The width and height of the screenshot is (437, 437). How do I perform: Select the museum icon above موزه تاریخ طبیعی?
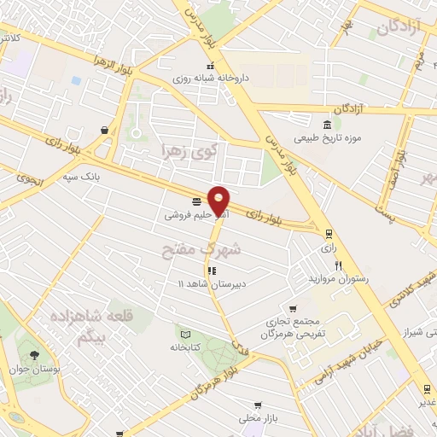pyautogui.click(x=329, y=122)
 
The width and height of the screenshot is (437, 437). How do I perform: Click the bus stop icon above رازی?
pyautogui.click(x=328, y=231)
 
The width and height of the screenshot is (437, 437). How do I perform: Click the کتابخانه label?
pyautogui.click(x=184, y=347)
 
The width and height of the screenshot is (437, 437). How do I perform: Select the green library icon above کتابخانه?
pyautogui.click(x=184, y=332)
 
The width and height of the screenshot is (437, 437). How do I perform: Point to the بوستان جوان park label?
pyautogui.click(x=35, y=368)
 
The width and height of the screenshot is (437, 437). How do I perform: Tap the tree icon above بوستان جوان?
pyautogui.click(x=35, y=353)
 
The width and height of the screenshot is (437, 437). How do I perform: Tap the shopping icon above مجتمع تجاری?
pyautogui.click(x=293, y=309)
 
